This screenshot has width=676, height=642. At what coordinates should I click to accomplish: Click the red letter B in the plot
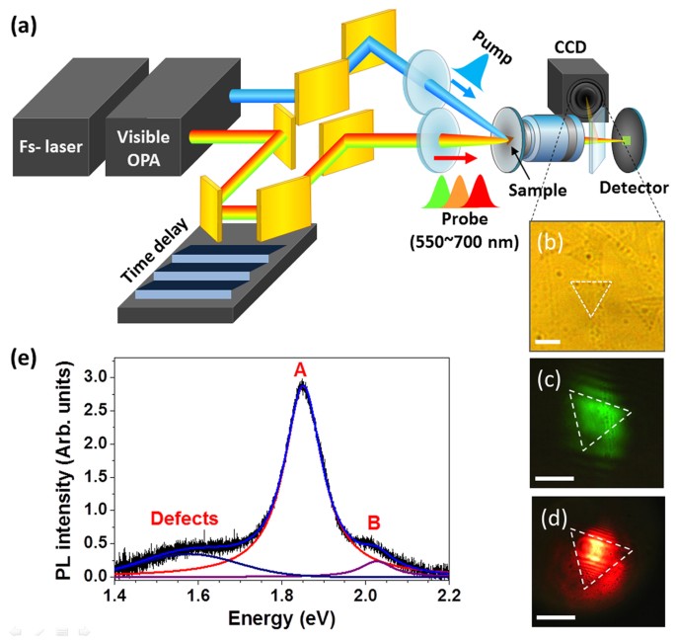coord(373,520)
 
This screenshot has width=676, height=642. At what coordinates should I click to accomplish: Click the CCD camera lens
coord(588,99)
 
